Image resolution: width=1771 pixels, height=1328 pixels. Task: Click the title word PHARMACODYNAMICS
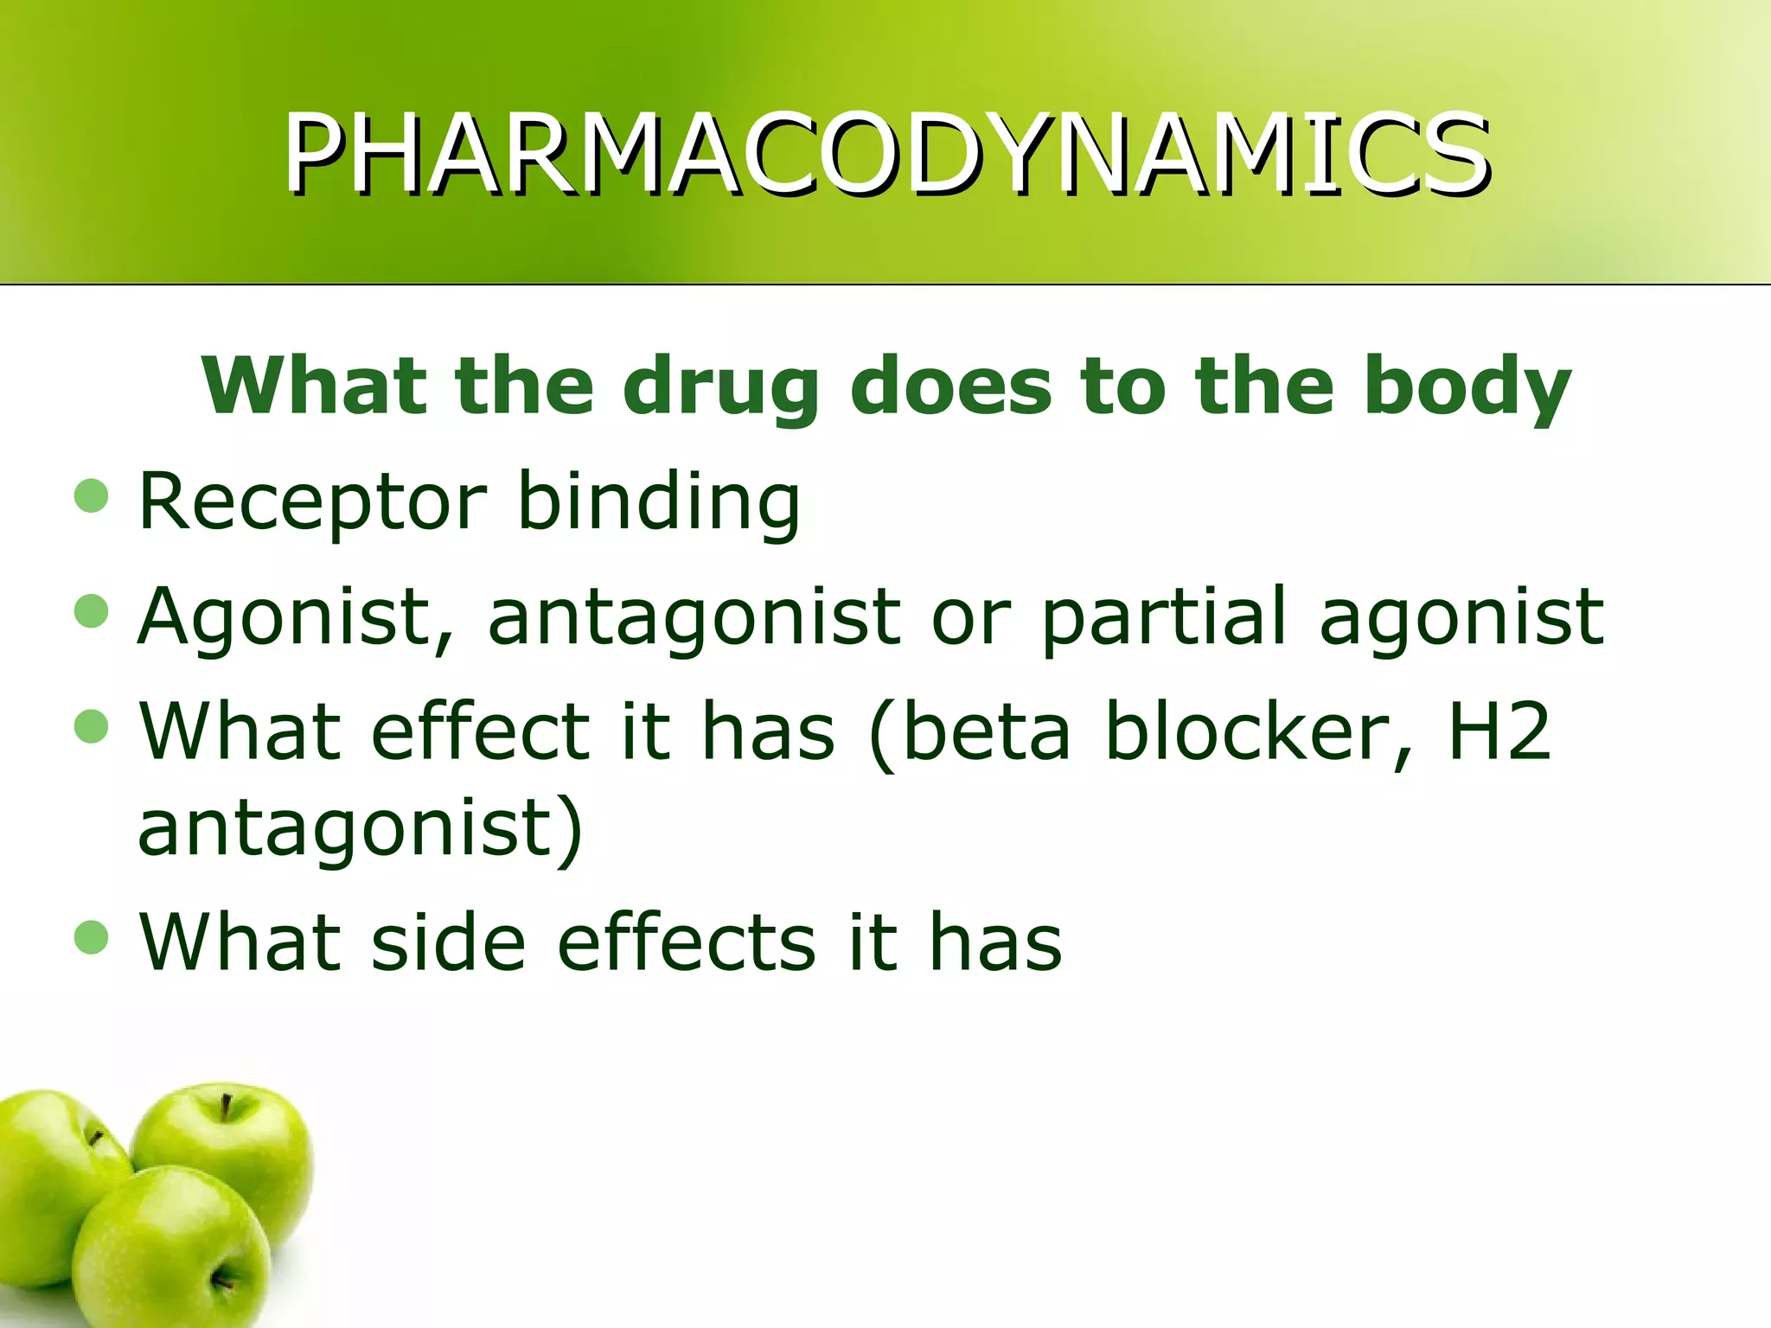[x=887, y=154]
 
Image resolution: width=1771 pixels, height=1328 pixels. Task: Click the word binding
[x=659, y=501]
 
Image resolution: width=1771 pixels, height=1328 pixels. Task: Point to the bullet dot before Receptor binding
[x=92, y=496]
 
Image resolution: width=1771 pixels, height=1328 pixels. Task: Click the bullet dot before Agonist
[x=92, y=611]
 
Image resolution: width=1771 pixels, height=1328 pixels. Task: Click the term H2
[x=1499, y=731]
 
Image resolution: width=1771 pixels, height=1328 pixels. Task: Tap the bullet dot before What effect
[x=92, y=726]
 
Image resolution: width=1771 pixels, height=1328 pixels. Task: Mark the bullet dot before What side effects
[x=92, y=937]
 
